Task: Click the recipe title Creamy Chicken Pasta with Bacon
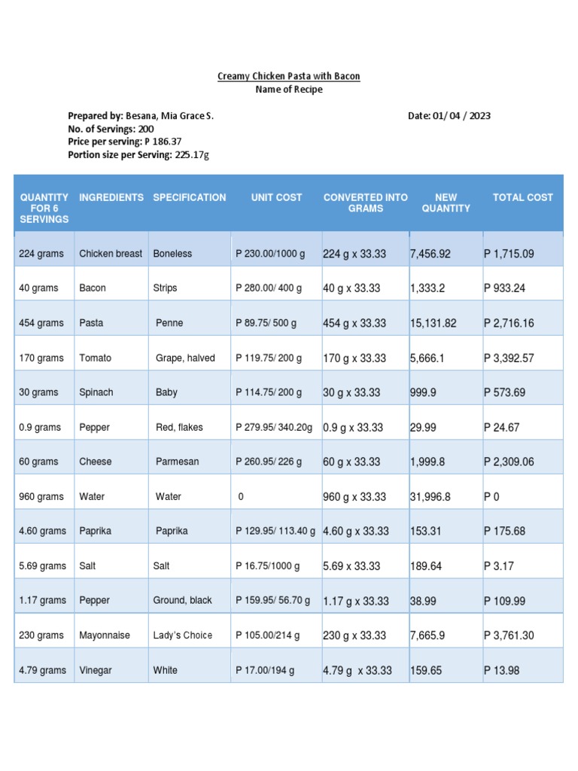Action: pyautogui.click(x=289, y=76)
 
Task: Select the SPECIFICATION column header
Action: pyautogui.click(x=190, y=197)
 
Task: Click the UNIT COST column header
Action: pyautogui.click(x=276, y=197)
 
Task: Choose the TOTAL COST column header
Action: pyautogui.click(x=522, y=197)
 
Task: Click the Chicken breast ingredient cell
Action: pyautogui.click(x=111, y=254)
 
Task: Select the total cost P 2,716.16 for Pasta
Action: pyautogui.click(x=509, y=323)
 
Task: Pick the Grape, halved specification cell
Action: pyautogui.click(x=185, y=358)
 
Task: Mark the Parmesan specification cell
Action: pyautogui.click(x=178, y=462)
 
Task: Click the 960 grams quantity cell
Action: pyautogui.click(x=41, y=497)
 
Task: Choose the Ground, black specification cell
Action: pyautogui.click(x=182, y=600)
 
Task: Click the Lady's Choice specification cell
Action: pyautogui.click(x=183, y=635)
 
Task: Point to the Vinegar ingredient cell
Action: pyautogui.click(x=96, y=670)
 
